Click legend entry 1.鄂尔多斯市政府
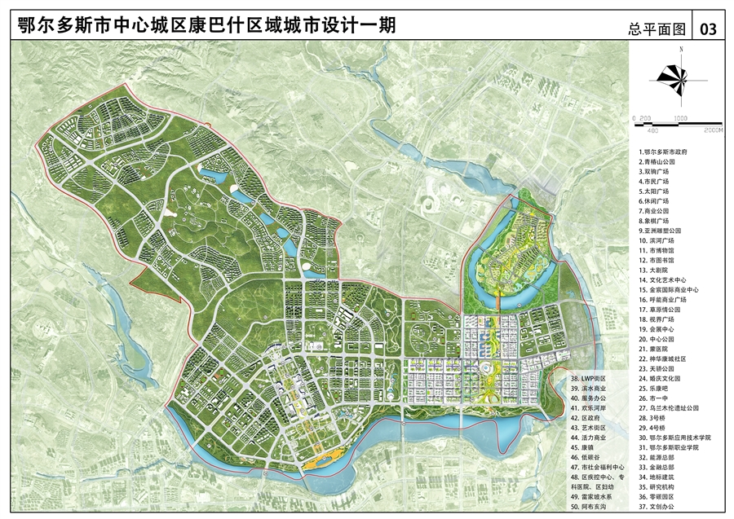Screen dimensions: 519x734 (x=665, y=152)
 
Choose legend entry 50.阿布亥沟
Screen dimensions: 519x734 (x=590, y=507)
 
